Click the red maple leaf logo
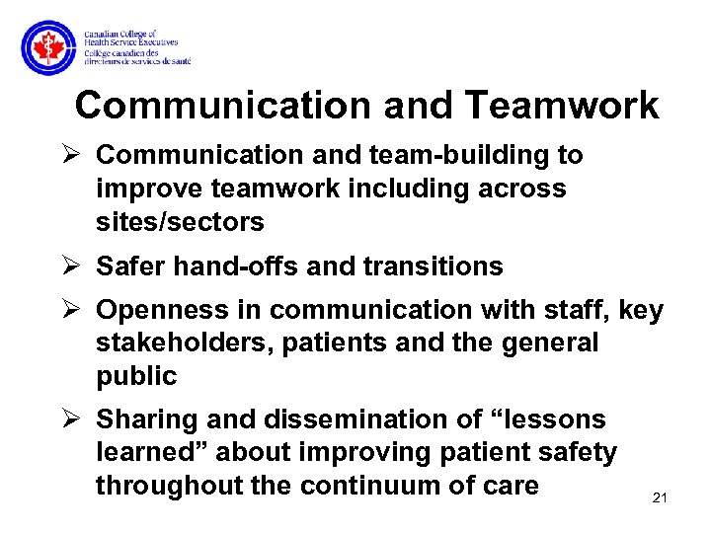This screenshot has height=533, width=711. click(47, 48)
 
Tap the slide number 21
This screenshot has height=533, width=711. click(661, 497)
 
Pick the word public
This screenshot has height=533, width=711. click(136, 375)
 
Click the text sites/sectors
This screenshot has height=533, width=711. click(180, 222)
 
